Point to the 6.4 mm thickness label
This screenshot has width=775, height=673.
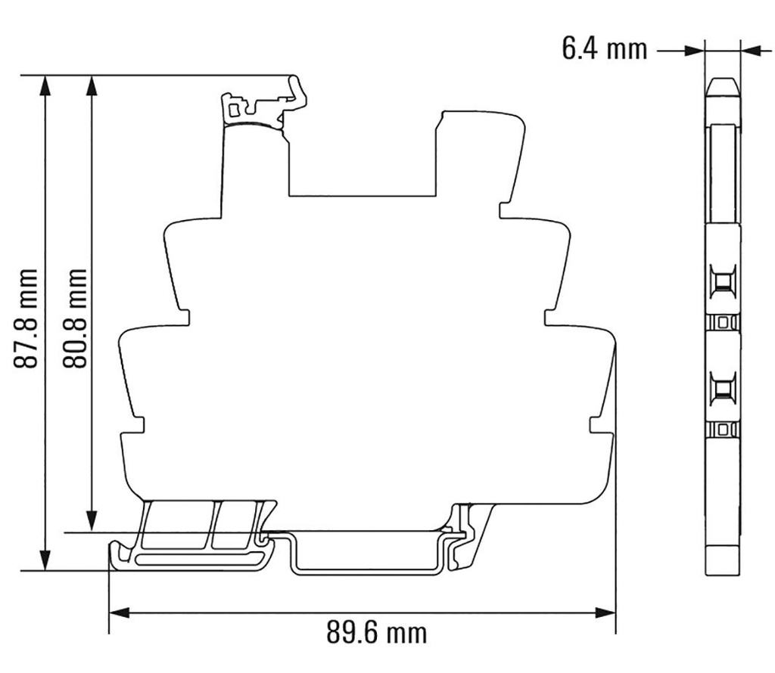(x=604, y=49)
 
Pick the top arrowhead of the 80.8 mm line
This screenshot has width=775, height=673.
(x=92, y=84)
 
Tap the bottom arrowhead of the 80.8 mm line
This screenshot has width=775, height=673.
(x=92, y=523)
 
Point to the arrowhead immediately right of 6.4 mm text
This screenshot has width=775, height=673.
(x=695, y=51)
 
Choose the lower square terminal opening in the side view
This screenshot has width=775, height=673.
(x=723, y=390)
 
